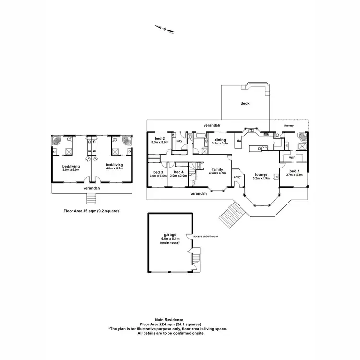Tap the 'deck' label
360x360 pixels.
[x=245, y=103]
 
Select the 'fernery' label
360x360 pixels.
[x=288, y=126]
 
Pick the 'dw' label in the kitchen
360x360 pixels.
[x=239, y=141]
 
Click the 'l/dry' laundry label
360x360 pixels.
[x=180, y=141]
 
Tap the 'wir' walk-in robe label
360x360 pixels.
[x=291, y=157]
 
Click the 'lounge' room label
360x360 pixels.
[x=261, y=174]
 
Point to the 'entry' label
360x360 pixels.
[x=237, y=177]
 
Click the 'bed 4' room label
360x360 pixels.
[x=179, y=172]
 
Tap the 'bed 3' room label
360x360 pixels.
[x=158, y=172]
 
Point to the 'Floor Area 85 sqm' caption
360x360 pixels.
[x=92, y=210]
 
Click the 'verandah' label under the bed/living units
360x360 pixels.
[x=91, y=189]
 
